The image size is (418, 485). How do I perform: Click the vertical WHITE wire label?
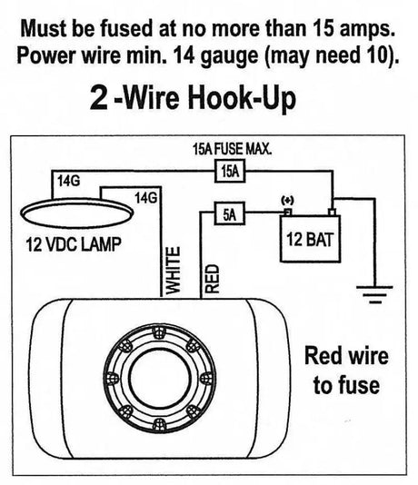177,269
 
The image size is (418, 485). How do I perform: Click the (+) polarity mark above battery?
289,199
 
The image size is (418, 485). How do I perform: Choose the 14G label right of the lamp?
145,197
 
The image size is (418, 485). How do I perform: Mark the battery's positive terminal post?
286,212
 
